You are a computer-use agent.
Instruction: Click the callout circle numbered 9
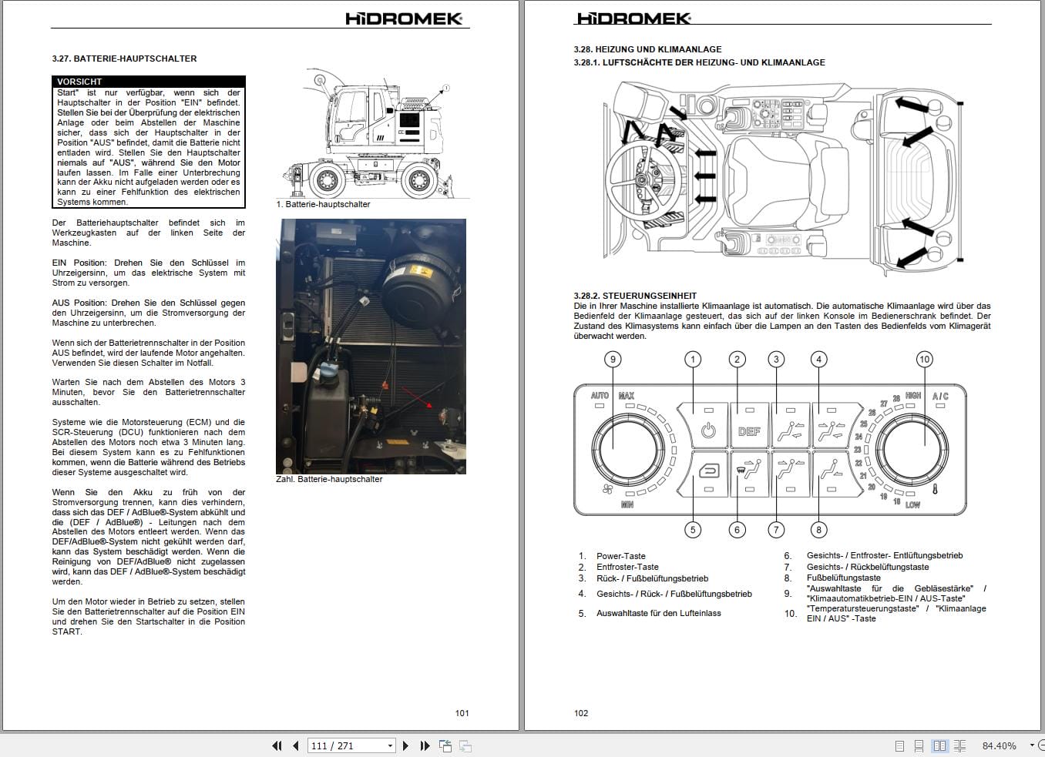pyautogui.click(x=613, y=359)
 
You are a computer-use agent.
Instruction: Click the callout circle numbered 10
pyautogui.click(x=924, y=359)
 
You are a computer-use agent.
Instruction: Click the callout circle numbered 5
pyautogui.click(x=693, y=529)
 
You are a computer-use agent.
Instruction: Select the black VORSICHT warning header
pyautogui.click(x=150, y=82)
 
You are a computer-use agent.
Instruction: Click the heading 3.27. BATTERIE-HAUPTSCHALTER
pyautogui.click(x=124, y=59)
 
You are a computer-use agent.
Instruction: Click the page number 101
pyautogui.click(x=462, y=713)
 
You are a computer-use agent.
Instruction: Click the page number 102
pyautogui.click(x=581, y=713)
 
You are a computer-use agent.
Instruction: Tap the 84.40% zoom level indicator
pyautogui.click(x=999, y=745)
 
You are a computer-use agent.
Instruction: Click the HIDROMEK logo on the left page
pyautogui.click(x=404, y=18)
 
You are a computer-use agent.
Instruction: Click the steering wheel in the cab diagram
pyautogui.click(x=643, y=179)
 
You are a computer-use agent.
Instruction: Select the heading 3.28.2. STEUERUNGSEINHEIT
pyautogui.click(x=635, y=296)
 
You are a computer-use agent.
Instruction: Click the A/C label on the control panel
pyautogui.click(x=940, y=396)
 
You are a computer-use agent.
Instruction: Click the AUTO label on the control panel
pyautogui.click(x=600, y=396)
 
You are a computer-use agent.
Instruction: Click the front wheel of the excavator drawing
pyautogui.click(x=327, y=180)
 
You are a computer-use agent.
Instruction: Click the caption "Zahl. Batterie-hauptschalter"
pyautogui.click(x=329, y=479)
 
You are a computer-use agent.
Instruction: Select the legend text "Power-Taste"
pyautogui.click(x=621, y=556)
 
